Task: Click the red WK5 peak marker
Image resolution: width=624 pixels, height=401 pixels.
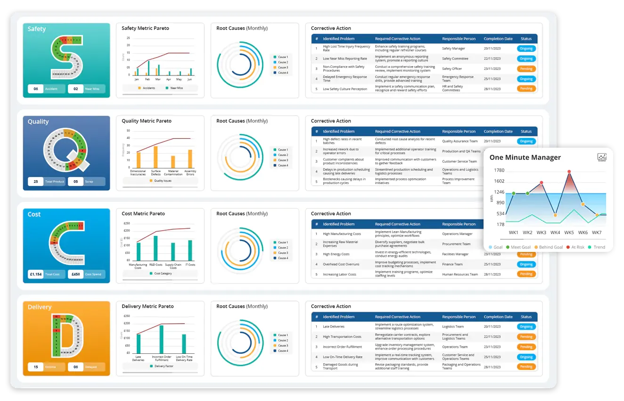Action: coord(569,172)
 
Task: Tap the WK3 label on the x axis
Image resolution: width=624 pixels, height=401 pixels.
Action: coord(542,233)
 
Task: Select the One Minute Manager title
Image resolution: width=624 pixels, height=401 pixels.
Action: coord(525,158)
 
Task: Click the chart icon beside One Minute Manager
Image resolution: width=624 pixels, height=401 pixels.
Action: coord(601,158)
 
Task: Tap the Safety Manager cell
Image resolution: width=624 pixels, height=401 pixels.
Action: coord(453,49)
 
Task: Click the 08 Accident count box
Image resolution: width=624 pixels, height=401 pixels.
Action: coord(36,89)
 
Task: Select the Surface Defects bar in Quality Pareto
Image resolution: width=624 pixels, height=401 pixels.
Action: coord(156,157)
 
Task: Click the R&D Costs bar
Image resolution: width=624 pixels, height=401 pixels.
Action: coord(156,248)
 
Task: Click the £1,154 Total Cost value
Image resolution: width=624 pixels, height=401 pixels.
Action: coord(36,274)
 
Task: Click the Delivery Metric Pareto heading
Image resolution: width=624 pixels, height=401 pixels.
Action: coord(148,306)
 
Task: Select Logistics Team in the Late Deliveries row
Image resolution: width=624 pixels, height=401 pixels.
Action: coord(452,326)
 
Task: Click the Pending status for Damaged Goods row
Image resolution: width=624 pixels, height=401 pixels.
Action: coord(526,367)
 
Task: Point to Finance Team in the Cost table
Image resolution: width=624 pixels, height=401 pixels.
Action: coord(452,264)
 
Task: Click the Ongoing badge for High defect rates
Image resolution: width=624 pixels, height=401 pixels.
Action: coord(526,141)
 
